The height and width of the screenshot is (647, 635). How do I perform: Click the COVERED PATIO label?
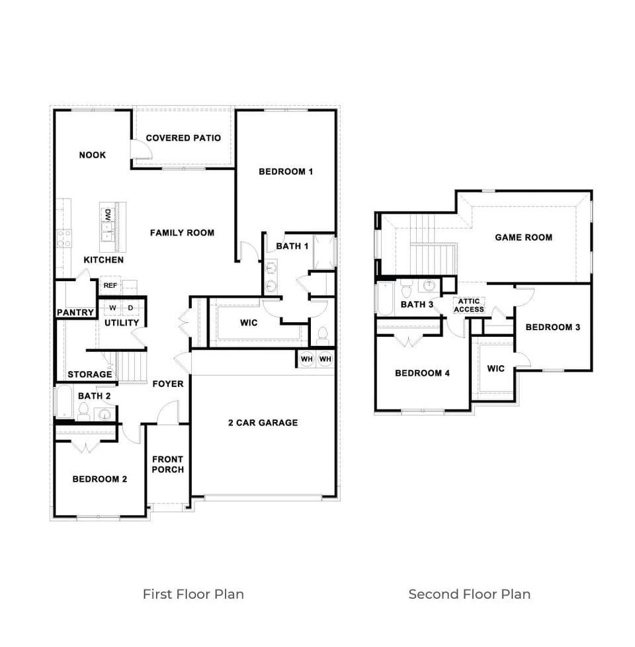pos(183,138)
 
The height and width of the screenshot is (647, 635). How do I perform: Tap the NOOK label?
pos(92,155)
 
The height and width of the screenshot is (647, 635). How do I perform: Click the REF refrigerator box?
pos(110,286)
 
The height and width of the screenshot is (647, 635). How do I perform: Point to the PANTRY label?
pos(75,312)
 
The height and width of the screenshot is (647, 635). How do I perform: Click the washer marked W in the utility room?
pos(112,308)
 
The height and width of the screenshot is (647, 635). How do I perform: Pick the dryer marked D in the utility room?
pos(130,308)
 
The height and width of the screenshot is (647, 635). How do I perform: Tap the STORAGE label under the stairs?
pos(90,374)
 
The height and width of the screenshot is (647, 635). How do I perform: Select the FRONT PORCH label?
pos(168,464)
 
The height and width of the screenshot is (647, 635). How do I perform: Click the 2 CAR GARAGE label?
pos(263,423)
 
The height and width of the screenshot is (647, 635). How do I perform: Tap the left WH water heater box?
pos(307,359)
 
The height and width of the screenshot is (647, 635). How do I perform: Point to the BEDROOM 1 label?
pos(285,172)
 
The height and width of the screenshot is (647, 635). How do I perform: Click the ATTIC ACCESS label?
pos(469,306)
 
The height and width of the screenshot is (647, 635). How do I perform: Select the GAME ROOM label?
pos(523,237)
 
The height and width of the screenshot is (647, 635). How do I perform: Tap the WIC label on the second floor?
pos(495,368)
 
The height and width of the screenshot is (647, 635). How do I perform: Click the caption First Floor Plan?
pos(193,594)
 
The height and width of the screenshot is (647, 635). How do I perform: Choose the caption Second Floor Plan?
pos(469,594)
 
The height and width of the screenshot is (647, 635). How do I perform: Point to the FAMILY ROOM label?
pos(182,233)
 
